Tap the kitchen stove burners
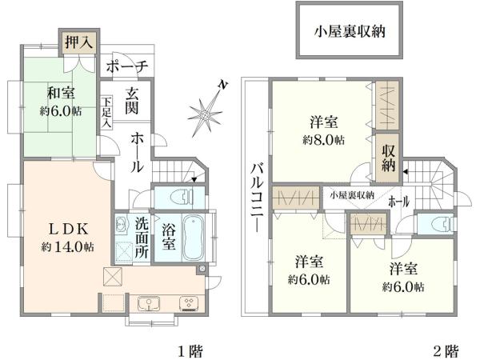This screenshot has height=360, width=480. pyautogui.click(x=190, y=302)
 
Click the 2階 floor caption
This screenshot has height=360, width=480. pyautogui.click(x=446, y=349)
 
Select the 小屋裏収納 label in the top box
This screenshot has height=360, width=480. pyautogui.click(x=350, y=33)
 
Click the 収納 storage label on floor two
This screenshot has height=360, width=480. pyautogui.click(x=389, y=158)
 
